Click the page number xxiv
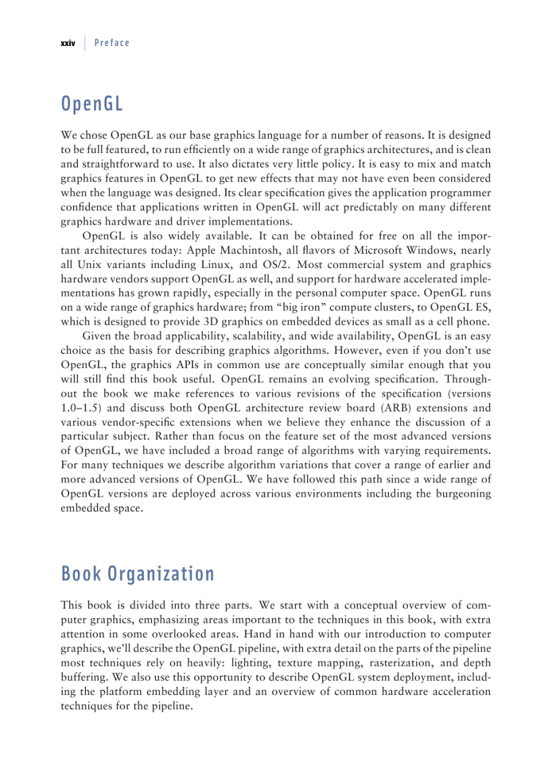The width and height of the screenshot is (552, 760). click(x=67, y=43)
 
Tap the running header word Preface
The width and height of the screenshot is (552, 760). click(x=112, y=43)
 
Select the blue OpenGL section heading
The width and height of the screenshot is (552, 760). click(x=91, y=105)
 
